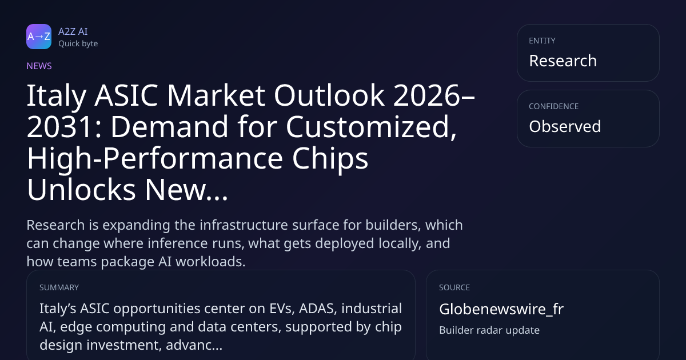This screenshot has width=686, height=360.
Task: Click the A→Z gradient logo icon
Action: click(39, 37)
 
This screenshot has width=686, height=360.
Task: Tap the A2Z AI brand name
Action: click(73, 31)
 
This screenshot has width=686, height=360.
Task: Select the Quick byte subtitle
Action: click(78, 44)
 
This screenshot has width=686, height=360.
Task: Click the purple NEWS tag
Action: click(39, 66)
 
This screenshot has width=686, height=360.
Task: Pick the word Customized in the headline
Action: click(371, 127)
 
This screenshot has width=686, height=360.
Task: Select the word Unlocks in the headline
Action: click(81, 190)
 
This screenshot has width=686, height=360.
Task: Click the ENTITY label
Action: click(542, 41)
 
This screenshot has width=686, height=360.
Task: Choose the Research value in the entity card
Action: click(563, 61)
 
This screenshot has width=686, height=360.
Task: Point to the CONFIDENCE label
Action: click(554, 106)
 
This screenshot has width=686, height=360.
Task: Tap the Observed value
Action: click(565, 126)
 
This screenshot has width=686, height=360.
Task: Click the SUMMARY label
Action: click(59, 288)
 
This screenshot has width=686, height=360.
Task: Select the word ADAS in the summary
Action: click(318, 309)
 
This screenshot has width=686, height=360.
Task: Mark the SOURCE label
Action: click(454, 288)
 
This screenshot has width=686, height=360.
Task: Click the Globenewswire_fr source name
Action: click(501, 309)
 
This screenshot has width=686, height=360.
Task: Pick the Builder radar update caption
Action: click(489, 330)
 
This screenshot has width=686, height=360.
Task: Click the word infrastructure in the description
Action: click(244, 225)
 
